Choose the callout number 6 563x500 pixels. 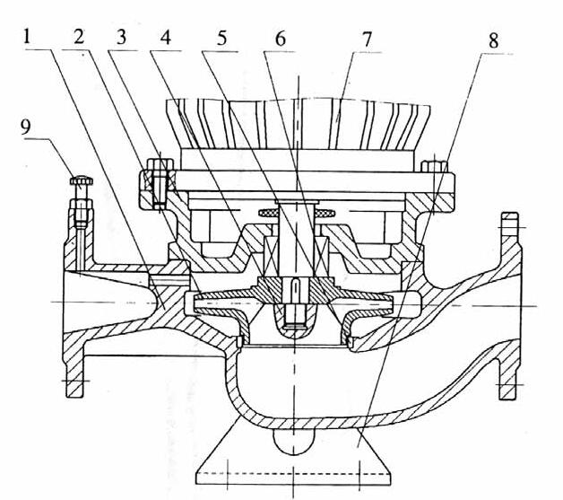click(x=280, y=39)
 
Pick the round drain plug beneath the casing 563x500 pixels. click(x=295, y=439)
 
